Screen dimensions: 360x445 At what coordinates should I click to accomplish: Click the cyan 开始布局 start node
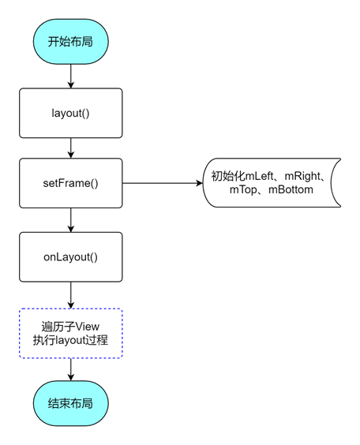pos(71,42)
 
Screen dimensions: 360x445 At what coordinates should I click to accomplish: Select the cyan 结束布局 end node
pos(71,403)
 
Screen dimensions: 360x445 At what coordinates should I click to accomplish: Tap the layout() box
pos(71,113)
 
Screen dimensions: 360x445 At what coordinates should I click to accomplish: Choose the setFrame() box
pos(71,183)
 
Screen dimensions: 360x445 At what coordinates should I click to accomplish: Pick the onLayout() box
pos(71,257)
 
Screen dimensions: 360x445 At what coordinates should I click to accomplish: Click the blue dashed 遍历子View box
pos(71,333)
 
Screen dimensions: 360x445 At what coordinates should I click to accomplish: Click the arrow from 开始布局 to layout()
pos(71,76)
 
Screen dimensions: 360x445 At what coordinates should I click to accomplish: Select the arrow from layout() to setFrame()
pos(71,148)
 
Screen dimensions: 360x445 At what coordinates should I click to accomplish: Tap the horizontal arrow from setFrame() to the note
pos(163,183)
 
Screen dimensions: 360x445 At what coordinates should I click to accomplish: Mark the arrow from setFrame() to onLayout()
pos(71,220)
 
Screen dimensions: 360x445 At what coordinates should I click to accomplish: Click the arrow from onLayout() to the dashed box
pos(71,295)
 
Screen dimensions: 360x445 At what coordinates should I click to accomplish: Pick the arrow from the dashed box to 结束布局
pos(71,369)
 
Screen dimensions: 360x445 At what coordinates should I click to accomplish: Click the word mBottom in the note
pos(291,189)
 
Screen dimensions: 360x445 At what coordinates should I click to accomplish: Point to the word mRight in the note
pos(302,176)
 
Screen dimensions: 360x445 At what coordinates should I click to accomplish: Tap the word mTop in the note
pos(243,190)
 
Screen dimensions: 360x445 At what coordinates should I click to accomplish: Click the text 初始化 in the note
pos(228,176)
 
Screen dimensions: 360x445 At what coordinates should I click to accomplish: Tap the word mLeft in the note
pos(259,176)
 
